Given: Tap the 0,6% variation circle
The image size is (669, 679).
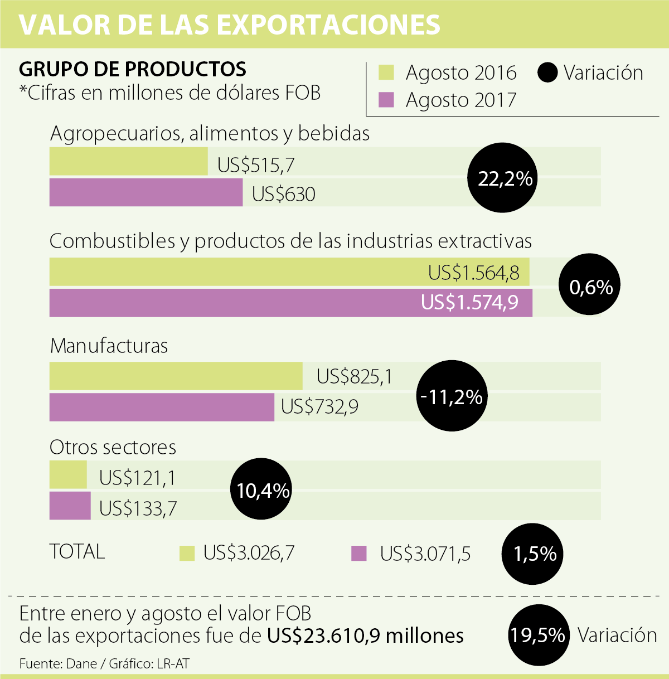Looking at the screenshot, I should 590,287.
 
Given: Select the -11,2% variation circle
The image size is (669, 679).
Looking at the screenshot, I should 452,397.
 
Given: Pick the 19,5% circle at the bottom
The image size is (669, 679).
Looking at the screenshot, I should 538,635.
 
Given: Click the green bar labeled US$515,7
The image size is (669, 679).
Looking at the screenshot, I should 128,162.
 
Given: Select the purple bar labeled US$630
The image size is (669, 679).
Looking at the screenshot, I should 146,192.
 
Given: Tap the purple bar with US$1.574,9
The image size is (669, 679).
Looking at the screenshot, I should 290,303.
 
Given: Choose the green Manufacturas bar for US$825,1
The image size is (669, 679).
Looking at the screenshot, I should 176,376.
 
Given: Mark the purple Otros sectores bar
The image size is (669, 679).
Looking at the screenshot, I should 70,506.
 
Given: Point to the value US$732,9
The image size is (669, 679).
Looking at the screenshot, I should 319,406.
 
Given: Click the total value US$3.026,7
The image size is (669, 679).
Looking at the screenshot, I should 248,553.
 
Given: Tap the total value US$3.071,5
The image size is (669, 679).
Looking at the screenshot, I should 425,554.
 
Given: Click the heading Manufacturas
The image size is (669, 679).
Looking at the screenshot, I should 109,346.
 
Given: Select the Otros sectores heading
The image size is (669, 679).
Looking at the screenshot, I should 113,447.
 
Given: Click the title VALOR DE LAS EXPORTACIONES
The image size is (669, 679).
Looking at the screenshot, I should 230,25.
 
